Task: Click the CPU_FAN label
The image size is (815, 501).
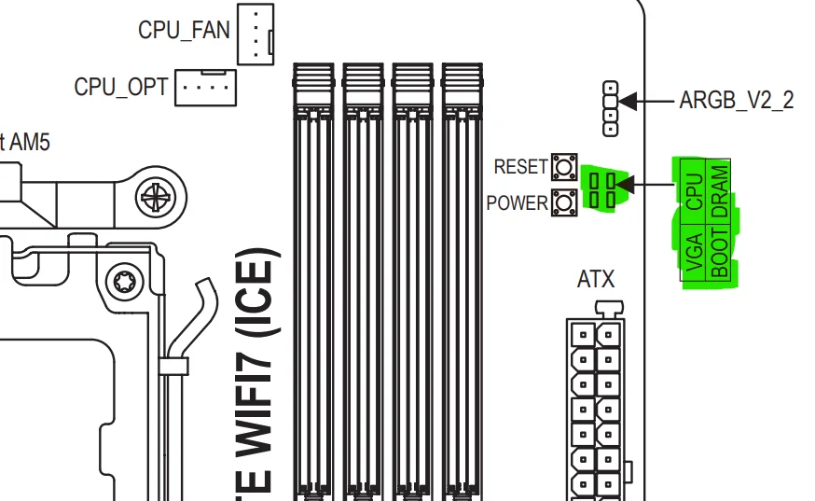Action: [x=184, y=29]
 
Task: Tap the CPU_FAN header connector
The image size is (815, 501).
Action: [x=255, y=33]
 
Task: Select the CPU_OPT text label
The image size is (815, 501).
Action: [x=121, y=88]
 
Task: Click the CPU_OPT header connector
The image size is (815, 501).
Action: [x=205, y=87]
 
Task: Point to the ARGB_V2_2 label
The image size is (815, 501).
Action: [x=737, y=100]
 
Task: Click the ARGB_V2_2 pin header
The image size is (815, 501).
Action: [x=610, y=106]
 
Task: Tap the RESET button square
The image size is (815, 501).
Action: [x=562, y=167]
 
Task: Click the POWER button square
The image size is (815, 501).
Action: [x=562, y=201]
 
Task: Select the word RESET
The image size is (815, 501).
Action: [x=520, y=167]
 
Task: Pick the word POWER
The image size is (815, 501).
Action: [x=517, y=202]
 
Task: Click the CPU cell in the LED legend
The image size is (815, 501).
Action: [x=694, y=189]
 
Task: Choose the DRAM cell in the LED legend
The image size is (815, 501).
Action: [x=718, y=189]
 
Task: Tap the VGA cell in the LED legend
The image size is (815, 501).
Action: [x=694, y=252]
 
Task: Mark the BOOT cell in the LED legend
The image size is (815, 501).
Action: [x=718, y=252]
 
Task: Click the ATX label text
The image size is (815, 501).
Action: [x=596, y=279]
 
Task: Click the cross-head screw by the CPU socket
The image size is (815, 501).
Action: [x=152, y=197]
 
